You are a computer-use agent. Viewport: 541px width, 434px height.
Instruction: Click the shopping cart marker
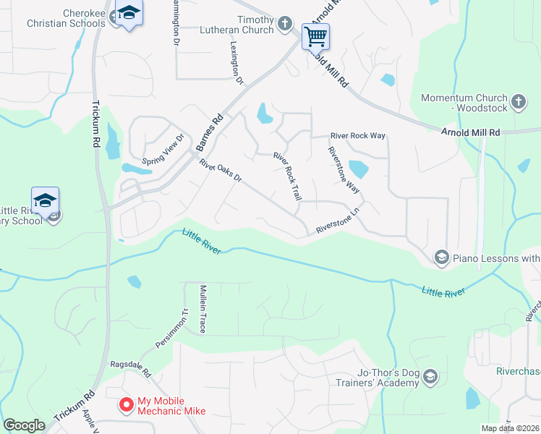pyautogui.click(x=315, y=35)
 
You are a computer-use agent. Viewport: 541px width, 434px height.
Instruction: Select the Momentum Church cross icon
pyautogui.click(x=518, y=102)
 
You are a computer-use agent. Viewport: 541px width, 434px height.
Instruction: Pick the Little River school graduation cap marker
pyautogui.click(x=45, y=200)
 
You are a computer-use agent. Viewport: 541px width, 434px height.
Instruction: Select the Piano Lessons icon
pyautogui.click(x=441, y=257)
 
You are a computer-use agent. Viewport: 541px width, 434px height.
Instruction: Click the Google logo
pyautogui.click(x=24, y=425)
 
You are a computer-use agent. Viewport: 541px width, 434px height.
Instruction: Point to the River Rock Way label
pyautogui.click(x=357, y=135)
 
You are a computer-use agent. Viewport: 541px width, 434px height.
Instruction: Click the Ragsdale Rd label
pyautogui.click(x=129, y=370)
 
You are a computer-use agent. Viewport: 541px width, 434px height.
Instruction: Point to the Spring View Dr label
pyautogui.click(x=163, y=150)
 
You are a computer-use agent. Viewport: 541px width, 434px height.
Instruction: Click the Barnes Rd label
pyautogui.click(x=209, y=132)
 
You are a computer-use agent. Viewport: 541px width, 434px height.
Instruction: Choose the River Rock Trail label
pyautogui.click(x=287, y=176)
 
